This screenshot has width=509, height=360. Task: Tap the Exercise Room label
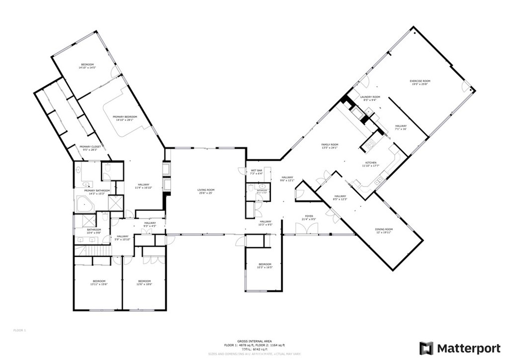420,81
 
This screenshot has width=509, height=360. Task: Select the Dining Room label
384,229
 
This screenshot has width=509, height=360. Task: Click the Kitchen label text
371,163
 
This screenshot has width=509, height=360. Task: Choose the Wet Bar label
256,171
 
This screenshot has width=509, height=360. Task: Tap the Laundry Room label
370,96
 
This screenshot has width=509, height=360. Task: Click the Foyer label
308,217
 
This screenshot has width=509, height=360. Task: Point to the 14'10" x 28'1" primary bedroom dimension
125,120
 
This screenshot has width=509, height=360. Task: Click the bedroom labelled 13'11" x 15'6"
98,283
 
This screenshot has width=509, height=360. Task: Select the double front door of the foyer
305,229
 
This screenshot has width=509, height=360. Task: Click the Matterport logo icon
426,348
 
